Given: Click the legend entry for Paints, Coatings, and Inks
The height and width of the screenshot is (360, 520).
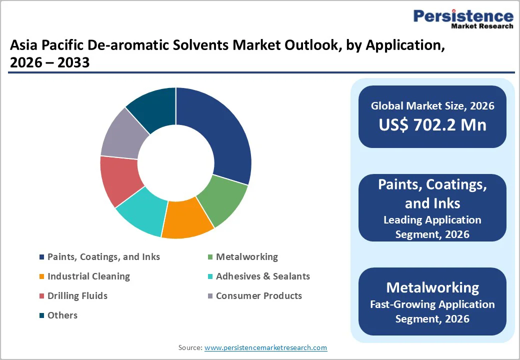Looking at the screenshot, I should (x=103, y=257).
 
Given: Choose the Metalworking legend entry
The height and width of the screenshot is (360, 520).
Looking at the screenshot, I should (x=246, y=257).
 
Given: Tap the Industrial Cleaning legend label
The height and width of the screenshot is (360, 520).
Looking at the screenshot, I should (x=88, y=276).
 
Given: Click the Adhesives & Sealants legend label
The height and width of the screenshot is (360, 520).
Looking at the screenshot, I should (x=262, y=276).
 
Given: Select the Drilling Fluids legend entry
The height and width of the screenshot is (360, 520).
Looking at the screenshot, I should (x=77, y=296).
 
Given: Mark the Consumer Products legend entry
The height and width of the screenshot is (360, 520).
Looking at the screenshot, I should (x=258, y=296).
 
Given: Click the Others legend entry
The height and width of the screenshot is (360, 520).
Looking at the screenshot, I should (x=62, y=315).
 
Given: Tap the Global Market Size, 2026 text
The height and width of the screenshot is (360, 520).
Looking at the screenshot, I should (x=432, y=105).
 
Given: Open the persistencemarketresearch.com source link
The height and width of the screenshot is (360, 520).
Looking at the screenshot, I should (x=265, y=347).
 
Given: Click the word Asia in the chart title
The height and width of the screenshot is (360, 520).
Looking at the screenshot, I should (x=24, y=46).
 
